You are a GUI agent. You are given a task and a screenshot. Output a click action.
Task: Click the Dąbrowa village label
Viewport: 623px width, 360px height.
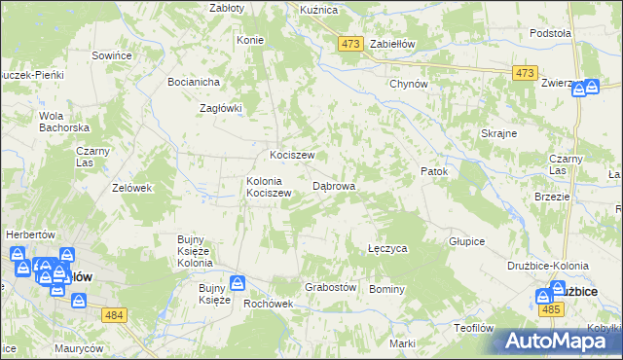point(333,185)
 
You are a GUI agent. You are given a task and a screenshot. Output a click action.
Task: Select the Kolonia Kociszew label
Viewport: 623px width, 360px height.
point(269,187)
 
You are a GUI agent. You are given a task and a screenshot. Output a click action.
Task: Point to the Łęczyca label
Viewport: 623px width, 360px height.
point(387,249)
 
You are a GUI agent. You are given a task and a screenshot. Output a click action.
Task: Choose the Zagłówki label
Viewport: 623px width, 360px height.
point(219,109)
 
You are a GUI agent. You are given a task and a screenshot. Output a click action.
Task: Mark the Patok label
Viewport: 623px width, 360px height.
point(433,172)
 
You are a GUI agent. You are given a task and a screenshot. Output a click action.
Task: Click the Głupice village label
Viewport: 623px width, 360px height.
point(466,241)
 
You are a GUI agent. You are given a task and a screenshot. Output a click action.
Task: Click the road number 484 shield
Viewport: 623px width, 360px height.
point(114,314)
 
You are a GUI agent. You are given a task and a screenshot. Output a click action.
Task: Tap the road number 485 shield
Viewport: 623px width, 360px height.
point(551,309)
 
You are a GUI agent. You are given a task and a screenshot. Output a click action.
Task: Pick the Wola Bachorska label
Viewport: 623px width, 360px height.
point(64,122)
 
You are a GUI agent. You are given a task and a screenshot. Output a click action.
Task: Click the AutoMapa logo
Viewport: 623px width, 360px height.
point(559,341)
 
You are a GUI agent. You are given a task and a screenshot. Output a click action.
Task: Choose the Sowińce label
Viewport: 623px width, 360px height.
point(112,56)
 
